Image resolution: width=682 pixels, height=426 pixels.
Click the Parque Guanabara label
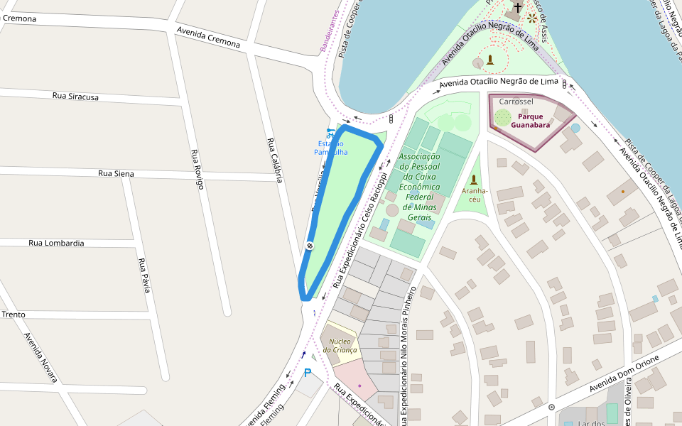coord(530,121)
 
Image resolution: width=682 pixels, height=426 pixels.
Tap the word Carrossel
coord(516,102)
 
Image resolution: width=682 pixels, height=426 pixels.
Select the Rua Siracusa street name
coord(75,96)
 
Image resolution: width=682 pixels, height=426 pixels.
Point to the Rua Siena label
coord(116,173)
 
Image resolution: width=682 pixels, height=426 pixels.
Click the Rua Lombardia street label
coord(56,243)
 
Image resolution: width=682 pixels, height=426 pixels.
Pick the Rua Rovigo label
coord(197,169)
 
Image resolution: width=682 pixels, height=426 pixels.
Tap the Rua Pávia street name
coord(144,275)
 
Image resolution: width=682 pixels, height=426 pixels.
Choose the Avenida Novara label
coord(40,357)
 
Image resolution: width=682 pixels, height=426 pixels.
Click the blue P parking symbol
coord(308,373)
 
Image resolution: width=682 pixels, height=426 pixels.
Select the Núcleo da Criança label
coord(340,346)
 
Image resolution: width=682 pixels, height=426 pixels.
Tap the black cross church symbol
coord(518,8)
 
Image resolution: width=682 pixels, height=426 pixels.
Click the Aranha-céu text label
coord(474,195)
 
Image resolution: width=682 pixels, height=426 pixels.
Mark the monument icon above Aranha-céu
coord(474,180)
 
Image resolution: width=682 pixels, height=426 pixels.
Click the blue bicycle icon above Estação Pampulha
coord(330,131)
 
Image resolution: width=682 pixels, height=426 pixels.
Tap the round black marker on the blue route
coord(310,246)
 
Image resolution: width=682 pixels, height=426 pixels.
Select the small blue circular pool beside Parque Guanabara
coord(575,128)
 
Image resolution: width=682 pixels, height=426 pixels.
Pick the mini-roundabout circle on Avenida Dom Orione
coord(551,407)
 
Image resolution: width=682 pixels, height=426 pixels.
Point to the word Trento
coord(13,315)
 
